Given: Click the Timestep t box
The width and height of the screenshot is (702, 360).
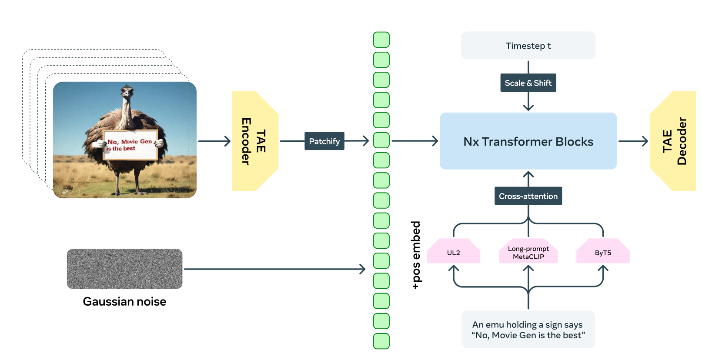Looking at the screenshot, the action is point(528,45).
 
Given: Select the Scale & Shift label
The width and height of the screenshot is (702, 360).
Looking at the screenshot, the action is point(528,83).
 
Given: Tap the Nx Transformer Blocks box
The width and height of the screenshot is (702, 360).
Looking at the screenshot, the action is point(528,141).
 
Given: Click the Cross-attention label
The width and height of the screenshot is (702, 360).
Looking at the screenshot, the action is point(528,196).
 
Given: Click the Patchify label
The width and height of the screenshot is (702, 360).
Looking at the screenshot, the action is point(324,141).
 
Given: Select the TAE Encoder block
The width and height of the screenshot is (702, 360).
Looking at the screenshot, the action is point(255,141).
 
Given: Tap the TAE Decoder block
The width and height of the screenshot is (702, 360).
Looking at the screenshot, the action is point(673,141).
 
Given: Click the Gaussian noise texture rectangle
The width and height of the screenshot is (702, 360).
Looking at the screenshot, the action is point(124,269).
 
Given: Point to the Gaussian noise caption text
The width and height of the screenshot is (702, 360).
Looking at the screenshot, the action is point(124,301).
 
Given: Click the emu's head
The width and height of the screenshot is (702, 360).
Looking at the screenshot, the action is point(127,92).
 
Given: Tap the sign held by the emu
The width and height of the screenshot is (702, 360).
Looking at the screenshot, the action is point(130,145).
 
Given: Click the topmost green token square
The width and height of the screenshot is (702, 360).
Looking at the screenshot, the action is point(381,40).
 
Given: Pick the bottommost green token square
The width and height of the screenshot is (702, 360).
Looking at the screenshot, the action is point(381,341).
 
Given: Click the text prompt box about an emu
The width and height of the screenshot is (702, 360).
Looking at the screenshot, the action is point(528,330).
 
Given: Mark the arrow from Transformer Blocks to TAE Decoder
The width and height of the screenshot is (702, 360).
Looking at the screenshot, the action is point(633,141).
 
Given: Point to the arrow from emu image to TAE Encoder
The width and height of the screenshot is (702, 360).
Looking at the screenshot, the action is point(214,141).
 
